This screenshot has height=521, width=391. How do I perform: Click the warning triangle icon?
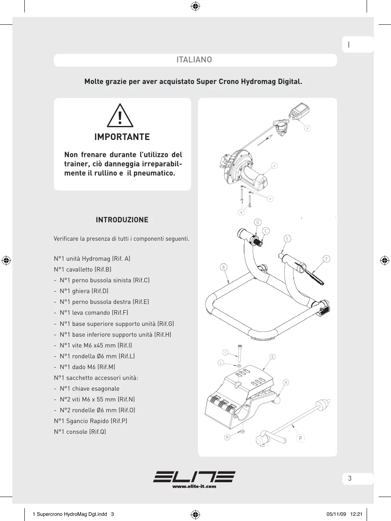tap(120, 116)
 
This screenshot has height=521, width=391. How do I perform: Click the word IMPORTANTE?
tap(122, 137)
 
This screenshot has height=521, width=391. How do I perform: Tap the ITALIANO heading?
tap(194, 60)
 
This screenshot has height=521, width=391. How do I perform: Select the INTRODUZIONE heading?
tap(122, 220)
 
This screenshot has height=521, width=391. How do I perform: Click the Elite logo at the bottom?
tap(194, 477)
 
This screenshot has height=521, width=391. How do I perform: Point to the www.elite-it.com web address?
tap(194, 486)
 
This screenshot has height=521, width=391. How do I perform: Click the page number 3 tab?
tap(350, 479)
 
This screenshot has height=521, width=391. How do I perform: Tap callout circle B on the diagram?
tap(223, 267)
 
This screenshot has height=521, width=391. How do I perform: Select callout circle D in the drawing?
tap(258, 222)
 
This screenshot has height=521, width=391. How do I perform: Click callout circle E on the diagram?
tap(287, 239)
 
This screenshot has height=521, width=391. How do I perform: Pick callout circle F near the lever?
tap(327, 259)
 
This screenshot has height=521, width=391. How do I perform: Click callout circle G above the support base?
tap(272, 357)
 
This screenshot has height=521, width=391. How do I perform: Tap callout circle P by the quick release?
tap(301, 438)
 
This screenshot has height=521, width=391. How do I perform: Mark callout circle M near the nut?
tap(227, 437)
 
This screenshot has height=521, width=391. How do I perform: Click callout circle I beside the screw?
tap(225, 352)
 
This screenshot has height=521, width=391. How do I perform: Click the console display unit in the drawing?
tap(298, 110)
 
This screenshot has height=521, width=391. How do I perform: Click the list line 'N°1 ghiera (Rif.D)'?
tap(84, 291)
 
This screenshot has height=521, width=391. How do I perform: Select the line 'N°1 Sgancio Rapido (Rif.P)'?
tap(91, 421)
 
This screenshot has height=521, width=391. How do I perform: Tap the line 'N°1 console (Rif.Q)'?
tap(80, 431)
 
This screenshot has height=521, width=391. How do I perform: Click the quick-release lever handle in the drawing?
tap(276, 437)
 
